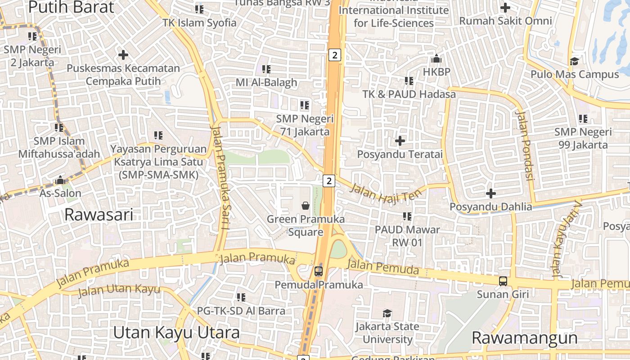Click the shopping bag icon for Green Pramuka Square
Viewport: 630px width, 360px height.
pos(306,206)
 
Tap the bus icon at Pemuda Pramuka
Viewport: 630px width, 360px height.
pos(319,271)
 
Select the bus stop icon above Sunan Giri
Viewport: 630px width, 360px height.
pos(503,281)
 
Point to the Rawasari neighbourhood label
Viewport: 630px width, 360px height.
pos(99,215)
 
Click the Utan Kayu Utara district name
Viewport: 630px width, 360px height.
pos(176,333)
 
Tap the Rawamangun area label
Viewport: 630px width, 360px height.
pos(524,337)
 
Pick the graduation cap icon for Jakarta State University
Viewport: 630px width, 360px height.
pos(387,313)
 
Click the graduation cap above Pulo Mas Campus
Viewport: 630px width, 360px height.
pos(574,61)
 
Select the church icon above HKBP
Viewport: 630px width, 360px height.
pos(436,58)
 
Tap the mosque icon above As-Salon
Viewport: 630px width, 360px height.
pos(60,180)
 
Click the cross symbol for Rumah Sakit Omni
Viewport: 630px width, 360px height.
pos(505,8)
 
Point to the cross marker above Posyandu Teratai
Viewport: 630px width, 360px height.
pos(400,141)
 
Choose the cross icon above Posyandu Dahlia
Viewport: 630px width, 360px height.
pos(491,193)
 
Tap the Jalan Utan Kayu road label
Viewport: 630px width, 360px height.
pos(119,290)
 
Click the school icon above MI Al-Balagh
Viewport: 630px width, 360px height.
pos(266,69)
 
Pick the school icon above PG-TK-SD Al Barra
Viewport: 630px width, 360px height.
pos(241,297)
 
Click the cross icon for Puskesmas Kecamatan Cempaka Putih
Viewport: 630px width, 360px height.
pos(123,55)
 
